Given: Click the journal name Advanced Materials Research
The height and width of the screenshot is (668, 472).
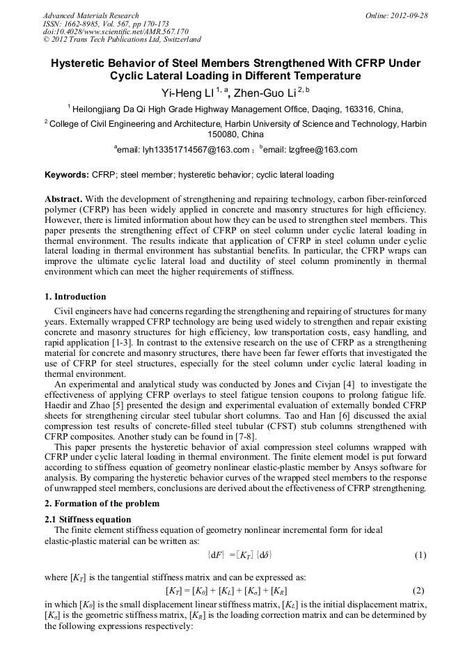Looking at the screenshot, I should tap(91, 15).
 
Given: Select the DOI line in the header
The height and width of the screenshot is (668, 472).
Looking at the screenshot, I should tap(116, 31).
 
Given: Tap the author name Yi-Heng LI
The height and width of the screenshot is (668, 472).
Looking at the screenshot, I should tap(182, 91).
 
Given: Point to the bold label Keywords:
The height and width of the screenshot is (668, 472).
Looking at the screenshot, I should tap(67, 175).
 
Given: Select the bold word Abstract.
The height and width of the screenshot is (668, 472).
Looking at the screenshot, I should tap(63, 199).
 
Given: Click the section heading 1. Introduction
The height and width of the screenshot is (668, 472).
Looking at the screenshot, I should tap(75, 297).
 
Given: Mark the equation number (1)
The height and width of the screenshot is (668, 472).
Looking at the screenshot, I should tap(420, 555).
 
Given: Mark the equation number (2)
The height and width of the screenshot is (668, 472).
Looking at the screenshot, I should tap(420, 590).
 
